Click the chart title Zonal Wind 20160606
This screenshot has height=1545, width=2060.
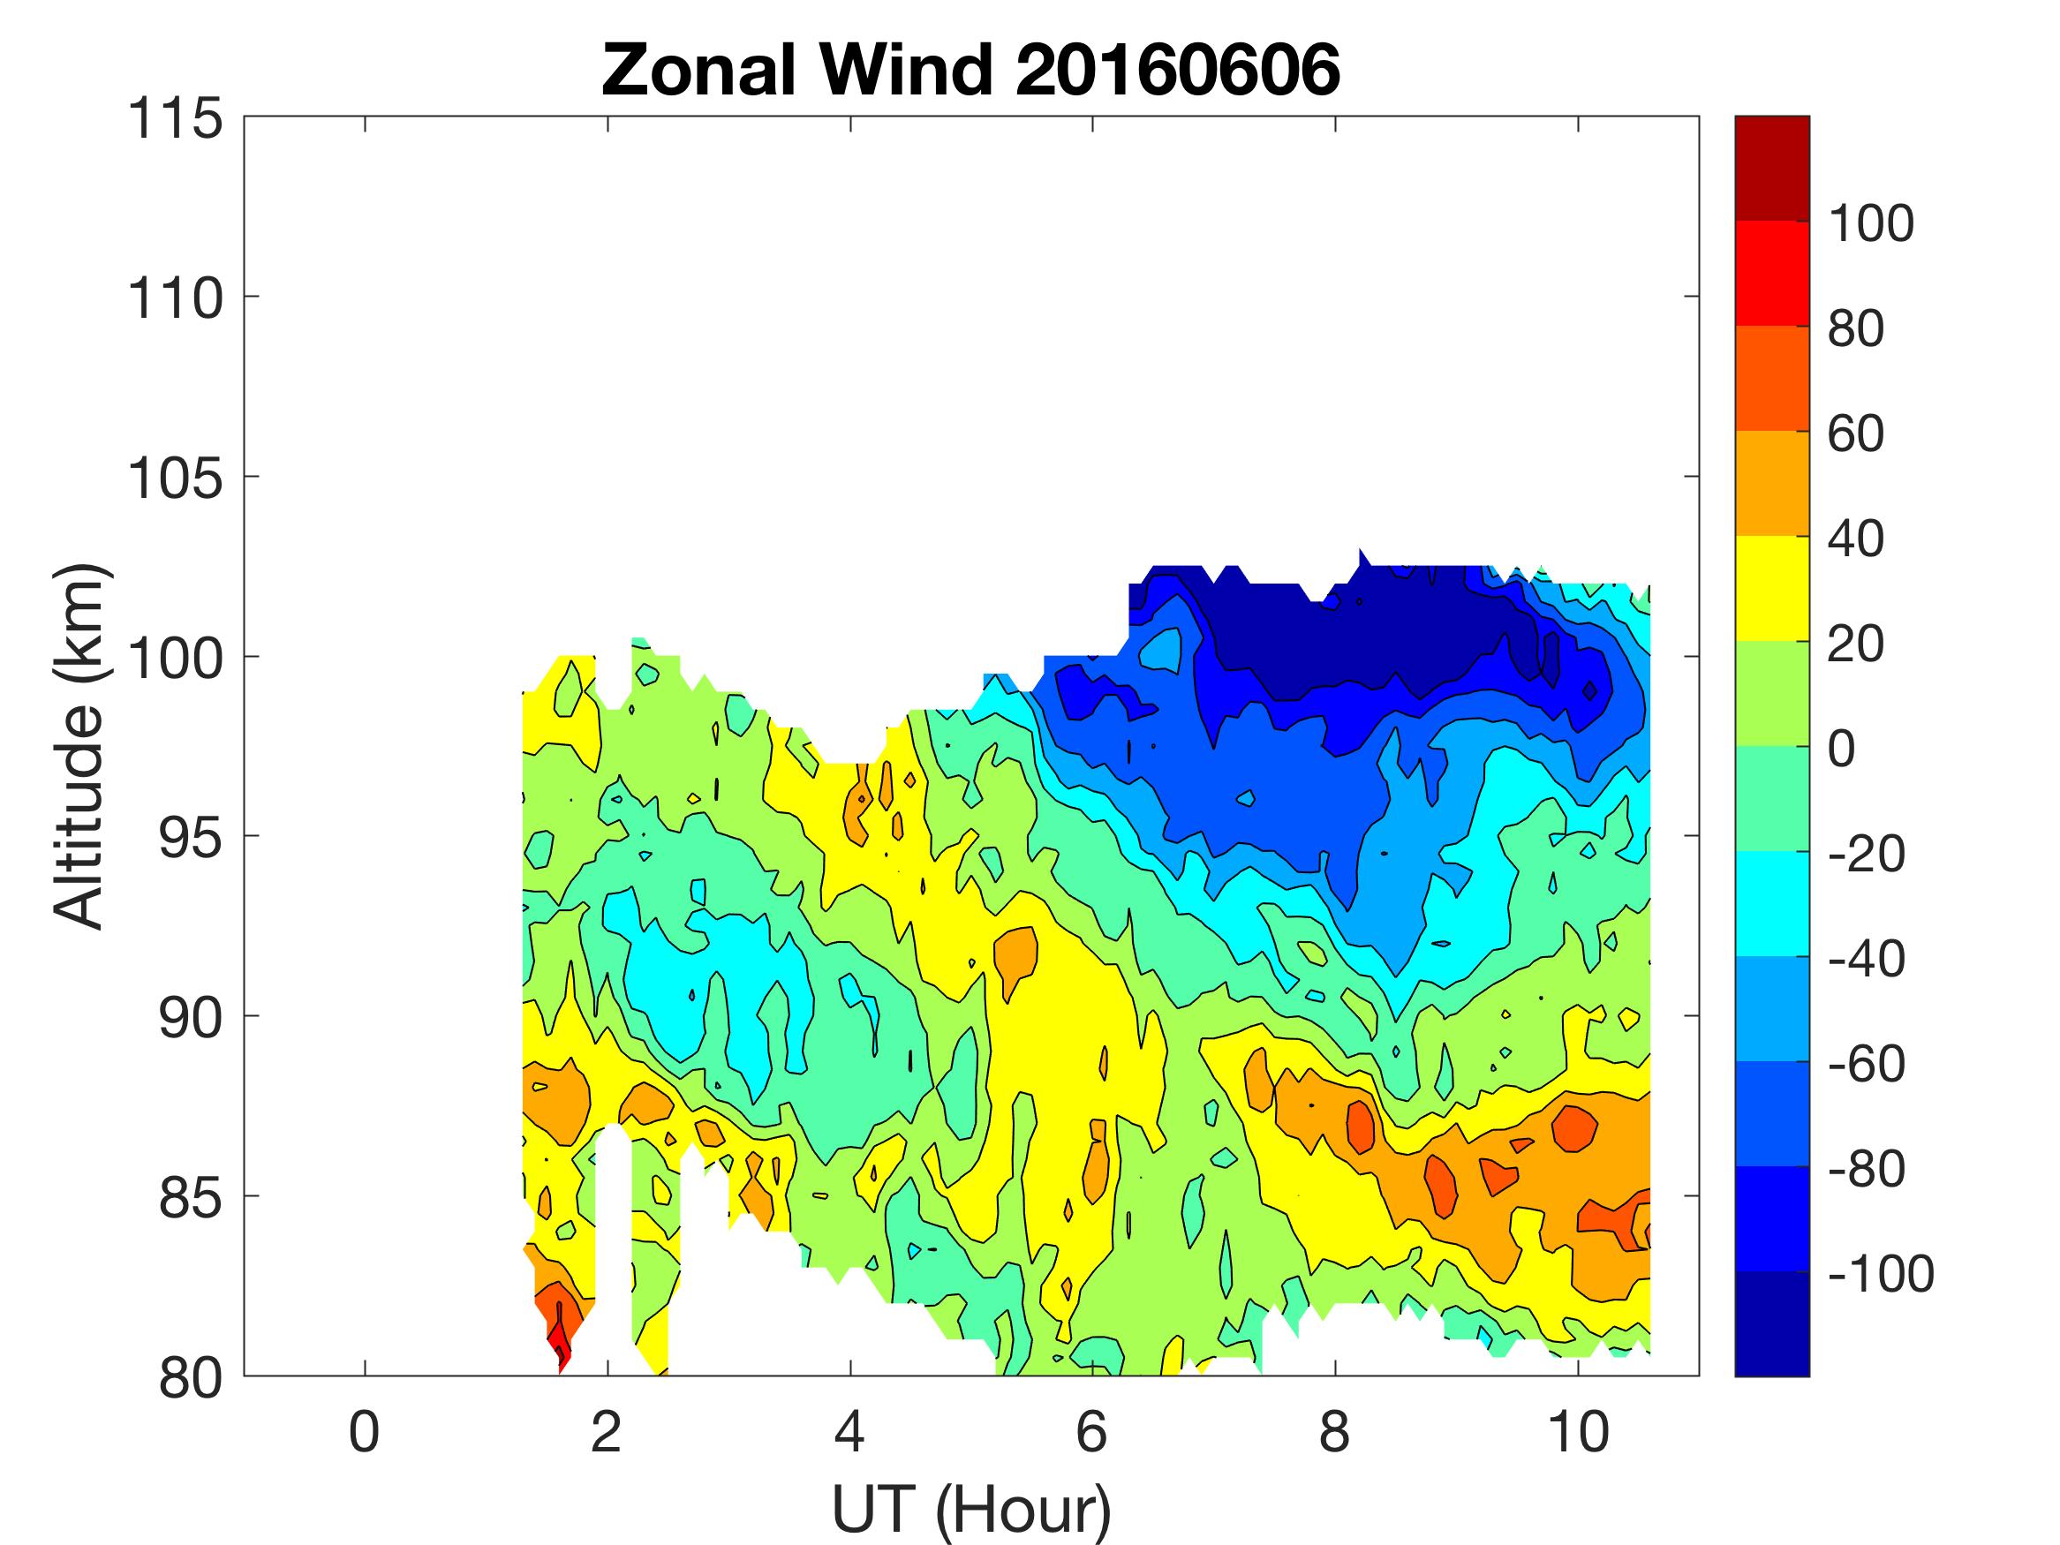point(970,71)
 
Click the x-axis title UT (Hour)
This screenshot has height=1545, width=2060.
point(970,1510)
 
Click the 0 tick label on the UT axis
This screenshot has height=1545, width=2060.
point(364,1431)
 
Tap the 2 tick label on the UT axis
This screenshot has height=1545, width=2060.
point(607,1431)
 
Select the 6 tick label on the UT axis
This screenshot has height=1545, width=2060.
point(1091,1431)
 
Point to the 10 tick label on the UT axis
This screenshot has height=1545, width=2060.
point(1578,1431)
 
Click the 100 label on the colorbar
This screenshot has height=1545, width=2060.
point(1870,223)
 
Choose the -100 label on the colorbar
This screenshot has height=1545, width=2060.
point(1880,1273)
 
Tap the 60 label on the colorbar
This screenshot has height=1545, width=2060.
point(1855,434)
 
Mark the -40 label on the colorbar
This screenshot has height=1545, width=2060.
point(1866,958)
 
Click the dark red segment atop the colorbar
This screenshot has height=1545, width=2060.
point(1771,168)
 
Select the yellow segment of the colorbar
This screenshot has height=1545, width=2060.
point(1771,589)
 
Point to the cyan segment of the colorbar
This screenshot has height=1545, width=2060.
point(1771,903)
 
